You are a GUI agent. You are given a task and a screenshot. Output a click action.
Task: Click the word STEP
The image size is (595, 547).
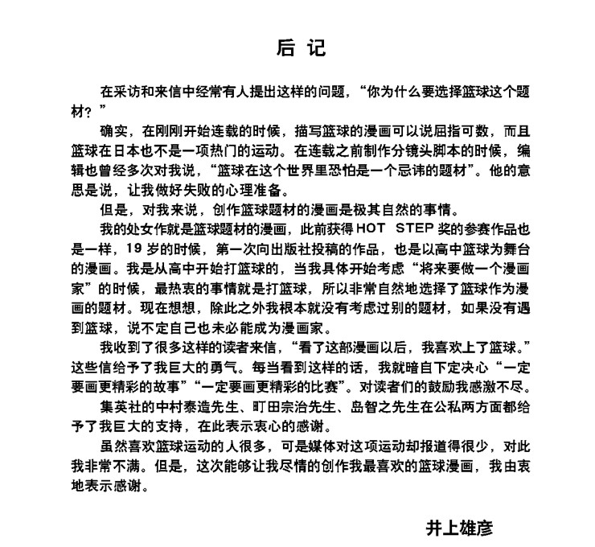tap(396, 229)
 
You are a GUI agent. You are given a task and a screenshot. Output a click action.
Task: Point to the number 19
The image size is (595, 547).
tap(112, 249)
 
